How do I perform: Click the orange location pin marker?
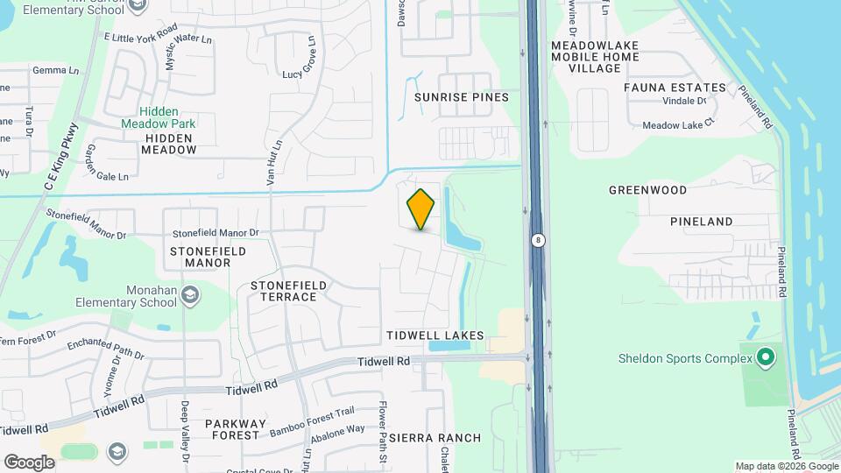coord(420,209)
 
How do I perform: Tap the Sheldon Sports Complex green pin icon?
coord(766,357)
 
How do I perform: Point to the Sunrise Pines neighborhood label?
coord(461,97)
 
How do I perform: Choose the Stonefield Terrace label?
coord(288,291)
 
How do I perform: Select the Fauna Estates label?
coord(675,88)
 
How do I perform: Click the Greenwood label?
coord(647,190)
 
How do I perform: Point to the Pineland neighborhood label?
coord(701,222)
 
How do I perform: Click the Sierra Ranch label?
coord(435,438)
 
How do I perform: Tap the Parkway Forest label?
coord(233,429)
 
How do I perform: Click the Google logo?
coord(29,462)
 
